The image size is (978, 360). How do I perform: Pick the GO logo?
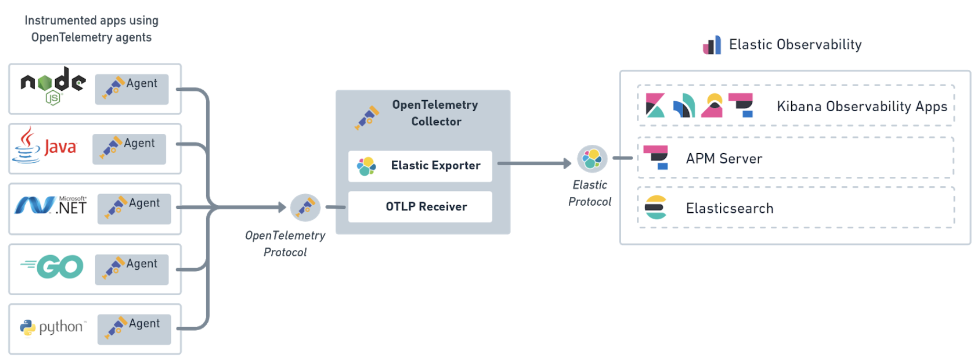(x=52, y=267)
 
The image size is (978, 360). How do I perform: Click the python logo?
(x=52, y=327)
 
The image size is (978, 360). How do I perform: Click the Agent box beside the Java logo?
(x=129, y=149)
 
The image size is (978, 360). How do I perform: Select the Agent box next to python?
(x=134, y=329)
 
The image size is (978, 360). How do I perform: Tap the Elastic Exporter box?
(x=420, y=166)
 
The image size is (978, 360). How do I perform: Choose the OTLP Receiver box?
(x=420, y=207)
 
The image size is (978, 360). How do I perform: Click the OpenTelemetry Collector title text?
(x=435, y=113)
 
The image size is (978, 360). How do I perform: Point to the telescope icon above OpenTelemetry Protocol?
(x=305, y=207)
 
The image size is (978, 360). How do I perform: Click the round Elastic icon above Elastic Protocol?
(x=592, y=158)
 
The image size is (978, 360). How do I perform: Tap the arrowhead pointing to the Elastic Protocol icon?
(x=567, y=163)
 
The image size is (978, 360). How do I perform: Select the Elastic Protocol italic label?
(x=590, y=193)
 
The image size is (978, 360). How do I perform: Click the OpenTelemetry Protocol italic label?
(x=285, y=243)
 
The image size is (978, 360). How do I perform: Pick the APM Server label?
(x=724, y=158)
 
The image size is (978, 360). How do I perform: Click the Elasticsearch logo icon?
(x=655, y=207)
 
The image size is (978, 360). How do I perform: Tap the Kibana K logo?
(x=655, y=105)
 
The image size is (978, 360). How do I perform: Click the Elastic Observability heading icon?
(x=712, y=45)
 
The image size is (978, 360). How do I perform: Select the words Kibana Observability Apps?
(x=862, y=107)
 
